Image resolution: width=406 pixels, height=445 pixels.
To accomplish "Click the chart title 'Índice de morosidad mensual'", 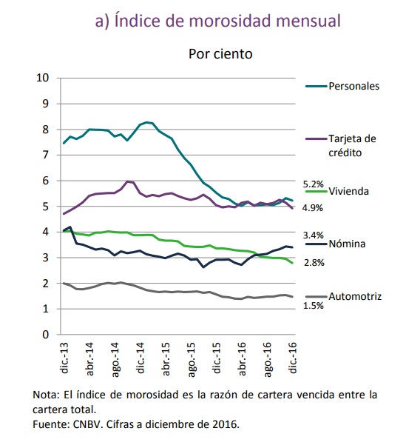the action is (x=227, y=21).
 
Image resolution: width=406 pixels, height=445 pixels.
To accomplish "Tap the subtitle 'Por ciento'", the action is (x=220, y=54).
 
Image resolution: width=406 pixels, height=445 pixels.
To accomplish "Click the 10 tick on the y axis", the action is (x=43, y=78).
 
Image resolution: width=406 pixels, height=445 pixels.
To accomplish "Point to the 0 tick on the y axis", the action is (x=46, y=335).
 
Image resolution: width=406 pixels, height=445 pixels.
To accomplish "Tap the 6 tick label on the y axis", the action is (x=46, y=181).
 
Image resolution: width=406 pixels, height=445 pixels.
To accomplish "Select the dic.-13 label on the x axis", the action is (x=64, y=358).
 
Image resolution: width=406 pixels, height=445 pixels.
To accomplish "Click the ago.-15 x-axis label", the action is (x=192, y=360).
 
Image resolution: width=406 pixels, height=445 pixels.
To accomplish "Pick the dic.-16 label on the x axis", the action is (x=293, y=358).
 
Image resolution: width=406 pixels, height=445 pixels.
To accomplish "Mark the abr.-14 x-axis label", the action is (x=90, y=359).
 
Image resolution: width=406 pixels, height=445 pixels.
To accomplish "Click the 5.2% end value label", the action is (x=314, y=184).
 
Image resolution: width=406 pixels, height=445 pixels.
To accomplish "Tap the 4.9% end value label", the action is (x=312, y=208).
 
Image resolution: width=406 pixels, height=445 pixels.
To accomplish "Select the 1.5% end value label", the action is (x=314, y=306).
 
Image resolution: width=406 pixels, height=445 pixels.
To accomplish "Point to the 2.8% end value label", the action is (x=314, y=263).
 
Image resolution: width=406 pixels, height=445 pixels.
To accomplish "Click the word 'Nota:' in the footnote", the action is (x=46, y=395).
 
